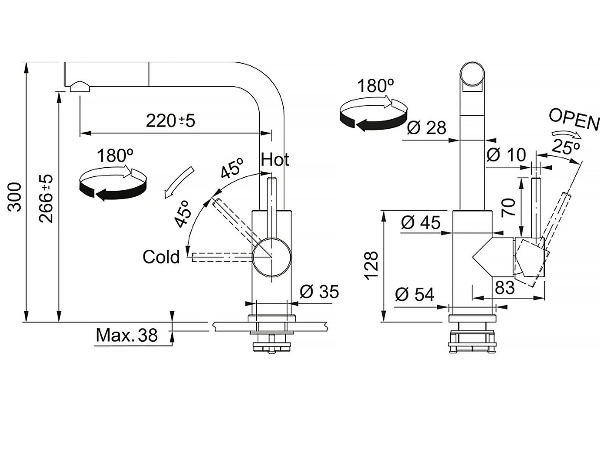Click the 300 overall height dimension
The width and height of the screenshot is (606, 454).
click(15, 197)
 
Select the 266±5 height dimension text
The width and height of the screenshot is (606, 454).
click(47, 199)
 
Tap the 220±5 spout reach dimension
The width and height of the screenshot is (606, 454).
click(170, 121)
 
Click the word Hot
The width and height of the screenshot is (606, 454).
click(275, 159)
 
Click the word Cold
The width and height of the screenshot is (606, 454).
click(161, 257)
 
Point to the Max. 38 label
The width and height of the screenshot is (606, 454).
click(127, 335)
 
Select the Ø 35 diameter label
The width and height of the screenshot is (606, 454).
click(319, 292)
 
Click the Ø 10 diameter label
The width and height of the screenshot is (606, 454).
click(506, 154)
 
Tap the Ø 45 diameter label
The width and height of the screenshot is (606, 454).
click(420, 222)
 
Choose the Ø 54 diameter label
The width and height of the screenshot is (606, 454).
click(414, 294)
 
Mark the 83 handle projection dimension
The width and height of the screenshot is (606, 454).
click(504, 288)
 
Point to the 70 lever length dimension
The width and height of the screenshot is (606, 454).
click(509, 207)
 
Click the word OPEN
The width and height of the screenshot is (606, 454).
click(574, 120)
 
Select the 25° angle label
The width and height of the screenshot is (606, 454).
click(566, 147)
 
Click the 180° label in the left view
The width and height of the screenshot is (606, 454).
click(115, 155)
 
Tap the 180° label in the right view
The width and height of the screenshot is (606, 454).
click(375, 86)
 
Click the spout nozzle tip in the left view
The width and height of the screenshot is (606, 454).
click(79, 87)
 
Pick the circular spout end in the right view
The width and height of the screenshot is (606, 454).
click(472, 74)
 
